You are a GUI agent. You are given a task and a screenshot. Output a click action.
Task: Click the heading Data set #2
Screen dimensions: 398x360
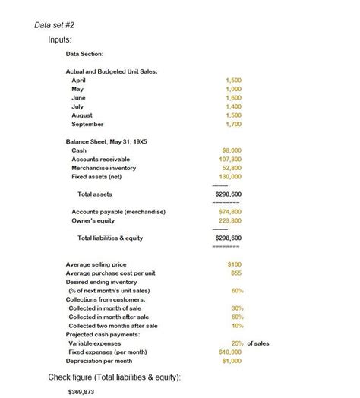[55, 24]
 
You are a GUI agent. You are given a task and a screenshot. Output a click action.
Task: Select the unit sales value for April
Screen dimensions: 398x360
[234, 80]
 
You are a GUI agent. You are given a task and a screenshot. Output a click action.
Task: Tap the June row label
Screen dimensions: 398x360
[78, 98]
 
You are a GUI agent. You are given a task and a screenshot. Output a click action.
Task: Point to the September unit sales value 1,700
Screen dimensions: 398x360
[234, 124]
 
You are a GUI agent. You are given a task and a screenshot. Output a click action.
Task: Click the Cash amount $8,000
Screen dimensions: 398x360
[232, 150]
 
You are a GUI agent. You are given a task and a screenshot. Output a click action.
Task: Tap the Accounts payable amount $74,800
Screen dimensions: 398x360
[229, 212]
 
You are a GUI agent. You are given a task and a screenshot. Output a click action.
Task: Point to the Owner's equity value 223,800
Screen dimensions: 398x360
[229, 220]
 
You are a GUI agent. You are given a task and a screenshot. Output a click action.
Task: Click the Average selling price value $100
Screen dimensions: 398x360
[235, 264]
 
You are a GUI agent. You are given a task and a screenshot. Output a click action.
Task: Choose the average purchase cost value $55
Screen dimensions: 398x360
[235, 273]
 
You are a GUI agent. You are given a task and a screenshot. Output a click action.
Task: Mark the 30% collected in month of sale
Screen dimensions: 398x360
[237, 308]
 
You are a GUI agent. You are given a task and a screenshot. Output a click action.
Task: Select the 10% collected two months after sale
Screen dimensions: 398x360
[237, 325]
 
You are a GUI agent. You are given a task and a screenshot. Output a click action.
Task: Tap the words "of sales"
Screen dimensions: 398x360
[258, 343]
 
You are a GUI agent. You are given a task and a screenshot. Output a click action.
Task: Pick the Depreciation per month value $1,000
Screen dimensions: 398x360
[231, 361]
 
